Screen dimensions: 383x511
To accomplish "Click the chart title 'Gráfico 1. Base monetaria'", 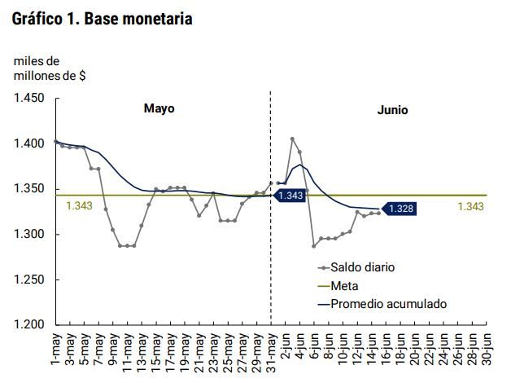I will [x=103, y=18].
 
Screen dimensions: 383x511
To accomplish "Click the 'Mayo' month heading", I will [x=159, y=108].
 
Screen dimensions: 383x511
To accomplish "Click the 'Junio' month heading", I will [x=392, y=110].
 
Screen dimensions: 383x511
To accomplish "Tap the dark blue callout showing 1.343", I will [x=290, y=196].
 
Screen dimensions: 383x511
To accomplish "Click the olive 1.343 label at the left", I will [x=79, y=206].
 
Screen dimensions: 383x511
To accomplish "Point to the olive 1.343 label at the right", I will [x=470, y=206].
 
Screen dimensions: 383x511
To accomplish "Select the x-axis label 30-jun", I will [x=487, y=349].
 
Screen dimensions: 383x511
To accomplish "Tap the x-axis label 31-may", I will [x=272, y=349].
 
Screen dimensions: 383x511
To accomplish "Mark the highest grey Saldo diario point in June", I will [x=292, y=139].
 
